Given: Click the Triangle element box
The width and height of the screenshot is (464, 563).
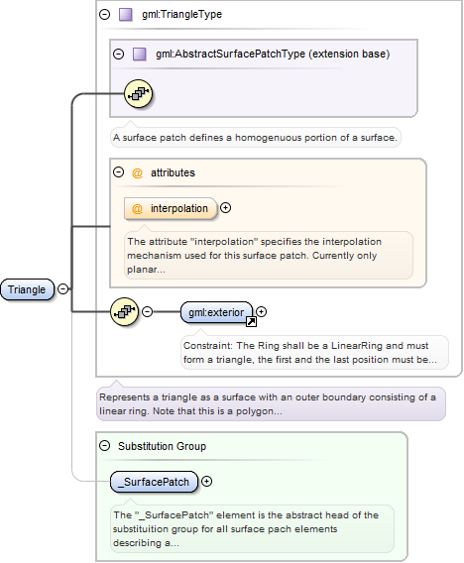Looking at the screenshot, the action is click(x=28, y=289).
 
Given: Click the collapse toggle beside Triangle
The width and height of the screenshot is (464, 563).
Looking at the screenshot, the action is click(x=62, y=288).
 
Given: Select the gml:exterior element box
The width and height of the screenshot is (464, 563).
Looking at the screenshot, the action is click(x=216, y=312).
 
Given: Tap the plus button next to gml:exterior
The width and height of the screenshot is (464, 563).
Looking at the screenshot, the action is click(x=261, y=311).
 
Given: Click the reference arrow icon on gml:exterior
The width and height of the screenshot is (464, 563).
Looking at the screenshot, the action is click(x=251, y=322).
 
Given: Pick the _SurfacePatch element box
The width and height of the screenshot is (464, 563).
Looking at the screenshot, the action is click(x=154, y=482).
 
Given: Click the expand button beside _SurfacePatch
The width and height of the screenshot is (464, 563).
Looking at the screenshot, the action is click(x=206, y=481).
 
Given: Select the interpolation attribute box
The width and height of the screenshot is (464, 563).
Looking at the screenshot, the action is click(x=171, y=208).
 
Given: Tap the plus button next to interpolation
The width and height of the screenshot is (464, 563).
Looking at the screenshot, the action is click(x=225, y=207).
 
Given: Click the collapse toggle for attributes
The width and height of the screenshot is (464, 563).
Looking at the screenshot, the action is click(x=118, y=172).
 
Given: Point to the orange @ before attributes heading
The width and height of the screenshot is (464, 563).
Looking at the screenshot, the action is click(x=137, y=173).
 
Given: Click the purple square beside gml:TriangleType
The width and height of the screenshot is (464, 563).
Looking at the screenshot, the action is click(x=126, y=15).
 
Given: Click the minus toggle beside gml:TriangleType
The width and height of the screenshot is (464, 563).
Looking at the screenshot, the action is click(x=104, y=14).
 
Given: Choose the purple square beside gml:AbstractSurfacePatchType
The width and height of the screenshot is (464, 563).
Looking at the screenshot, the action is click(x=140, y=55).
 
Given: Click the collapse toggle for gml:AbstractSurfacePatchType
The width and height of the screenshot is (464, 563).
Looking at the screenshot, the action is click(x=118, y=54).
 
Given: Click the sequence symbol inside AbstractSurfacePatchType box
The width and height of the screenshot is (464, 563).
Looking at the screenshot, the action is click(x=138, y=94).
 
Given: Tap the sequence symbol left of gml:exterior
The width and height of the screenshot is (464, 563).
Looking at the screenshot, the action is click(x=124, y=311).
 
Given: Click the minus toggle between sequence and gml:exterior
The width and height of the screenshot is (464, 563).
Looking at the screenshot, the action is click(x=147, y=311).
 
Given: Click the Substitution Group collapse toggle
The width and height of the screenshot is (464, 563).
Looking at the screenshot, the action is click(x=104, y=446).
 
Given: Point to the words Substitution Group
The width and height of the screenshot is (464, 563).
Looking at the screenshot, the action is click(x=162, y=446).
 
